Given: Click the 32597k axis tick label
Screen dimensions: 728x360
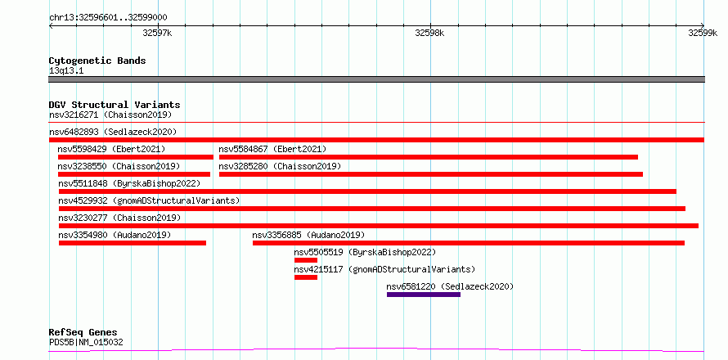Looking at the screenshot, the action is [x=157, y=33].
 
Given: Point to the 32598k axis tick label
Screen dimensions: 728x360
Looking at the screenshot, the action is [x=429, y=33].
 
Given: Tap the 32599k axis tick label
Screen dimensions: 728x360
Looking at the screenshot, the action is [x=703, y=33].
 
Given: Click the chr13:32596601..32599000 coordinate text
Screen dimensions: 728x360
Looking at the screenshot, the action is [x=108, y=18].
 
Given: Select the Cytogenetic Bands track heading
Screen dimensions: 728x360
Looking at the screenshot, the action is [x=97, y=61].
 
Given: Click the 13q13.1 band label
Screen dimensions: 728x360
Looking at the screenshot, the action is [x=66, y=71].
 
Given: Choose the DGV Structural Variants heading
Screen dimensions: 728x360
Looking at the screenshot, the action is [x=115, y=105].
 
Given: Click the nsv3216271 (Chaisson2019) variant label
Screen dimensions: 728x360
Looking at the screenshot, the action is [x=110, y=115].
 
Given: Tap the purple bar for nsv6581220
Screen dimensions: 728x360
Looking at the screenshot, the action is [x=424, y=294].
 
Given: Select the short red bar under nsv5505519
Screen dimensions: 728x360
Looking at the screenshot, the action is [x=306, y=260].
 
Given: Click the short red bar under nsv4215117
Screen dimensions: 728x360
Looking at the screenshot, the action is [x=306, y=277].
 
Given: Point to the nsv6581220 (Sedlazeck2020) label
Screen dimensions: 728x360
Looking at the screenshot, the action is [x=451, y=286].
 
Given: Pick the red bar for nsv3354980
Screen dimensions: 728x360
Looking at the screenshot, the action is [x=133, y=243].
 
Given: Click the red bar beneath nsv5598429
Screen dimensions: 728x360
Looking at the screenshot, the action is [x=136, y=157].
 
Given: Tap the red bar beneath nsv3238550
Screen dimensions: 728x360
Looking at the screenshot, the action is [x=134, y=174].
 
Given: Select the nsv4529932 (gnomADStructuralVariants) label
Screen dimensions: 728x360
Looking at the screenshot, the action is [x=149, y=200].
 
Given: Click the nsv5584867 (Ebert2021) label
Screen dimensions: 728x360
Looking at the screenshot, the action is [x=272, y=149].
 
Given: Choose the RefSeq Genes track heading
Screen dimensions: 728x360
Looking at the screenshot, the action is [x=83, y=333].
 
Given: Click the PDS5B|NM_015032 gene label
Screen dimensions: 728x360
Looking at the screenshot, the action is [x=86, y=343].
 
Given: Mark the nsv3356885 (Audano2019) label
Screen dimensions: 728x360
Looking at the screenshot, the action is [x=308, y=235].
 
